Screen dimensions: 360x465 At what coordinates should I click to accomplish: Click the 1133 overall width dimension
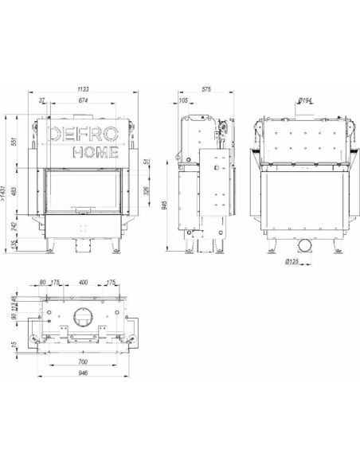(x=83, y=89)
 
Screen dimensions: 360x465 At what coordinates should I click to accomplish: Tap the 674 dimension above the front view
(x=83, y=100)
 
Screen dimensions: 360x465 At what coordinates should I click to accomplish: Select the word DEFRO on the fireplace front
(x=83, y=134)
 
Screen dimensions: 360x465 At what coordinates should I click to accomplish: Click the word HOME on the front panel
(x=96, y=152)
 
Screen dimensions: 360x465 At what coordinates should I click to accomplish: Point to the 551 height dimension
(x=14, y=142)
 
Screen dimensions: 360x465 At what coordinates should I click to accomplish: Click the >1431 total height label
(x=3, y=193)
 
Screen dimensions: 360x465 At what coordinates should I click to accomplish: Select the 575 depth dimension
(x=206, y=89)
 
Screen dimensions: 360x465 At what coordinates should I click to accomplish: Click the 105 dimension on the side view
(x=183, y=100)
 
